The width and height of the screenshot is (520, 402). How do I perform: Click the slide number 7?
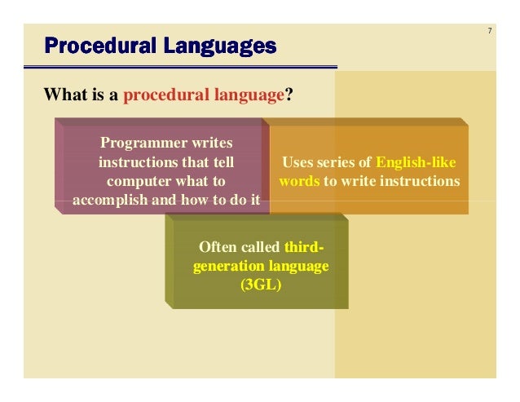point(489,32)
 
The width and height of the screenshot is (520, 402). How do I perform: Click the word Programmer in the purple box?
point(134,144)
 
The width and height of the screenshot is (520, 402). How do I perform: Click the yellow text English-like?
point(416,162)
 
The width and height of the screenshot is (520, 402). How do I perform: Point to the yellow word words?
point(299,181)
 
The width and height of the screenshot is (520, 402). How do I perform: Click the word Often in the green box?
point(216,247)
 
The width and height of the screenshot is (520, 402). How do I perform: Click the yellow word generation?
point(227,266)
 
